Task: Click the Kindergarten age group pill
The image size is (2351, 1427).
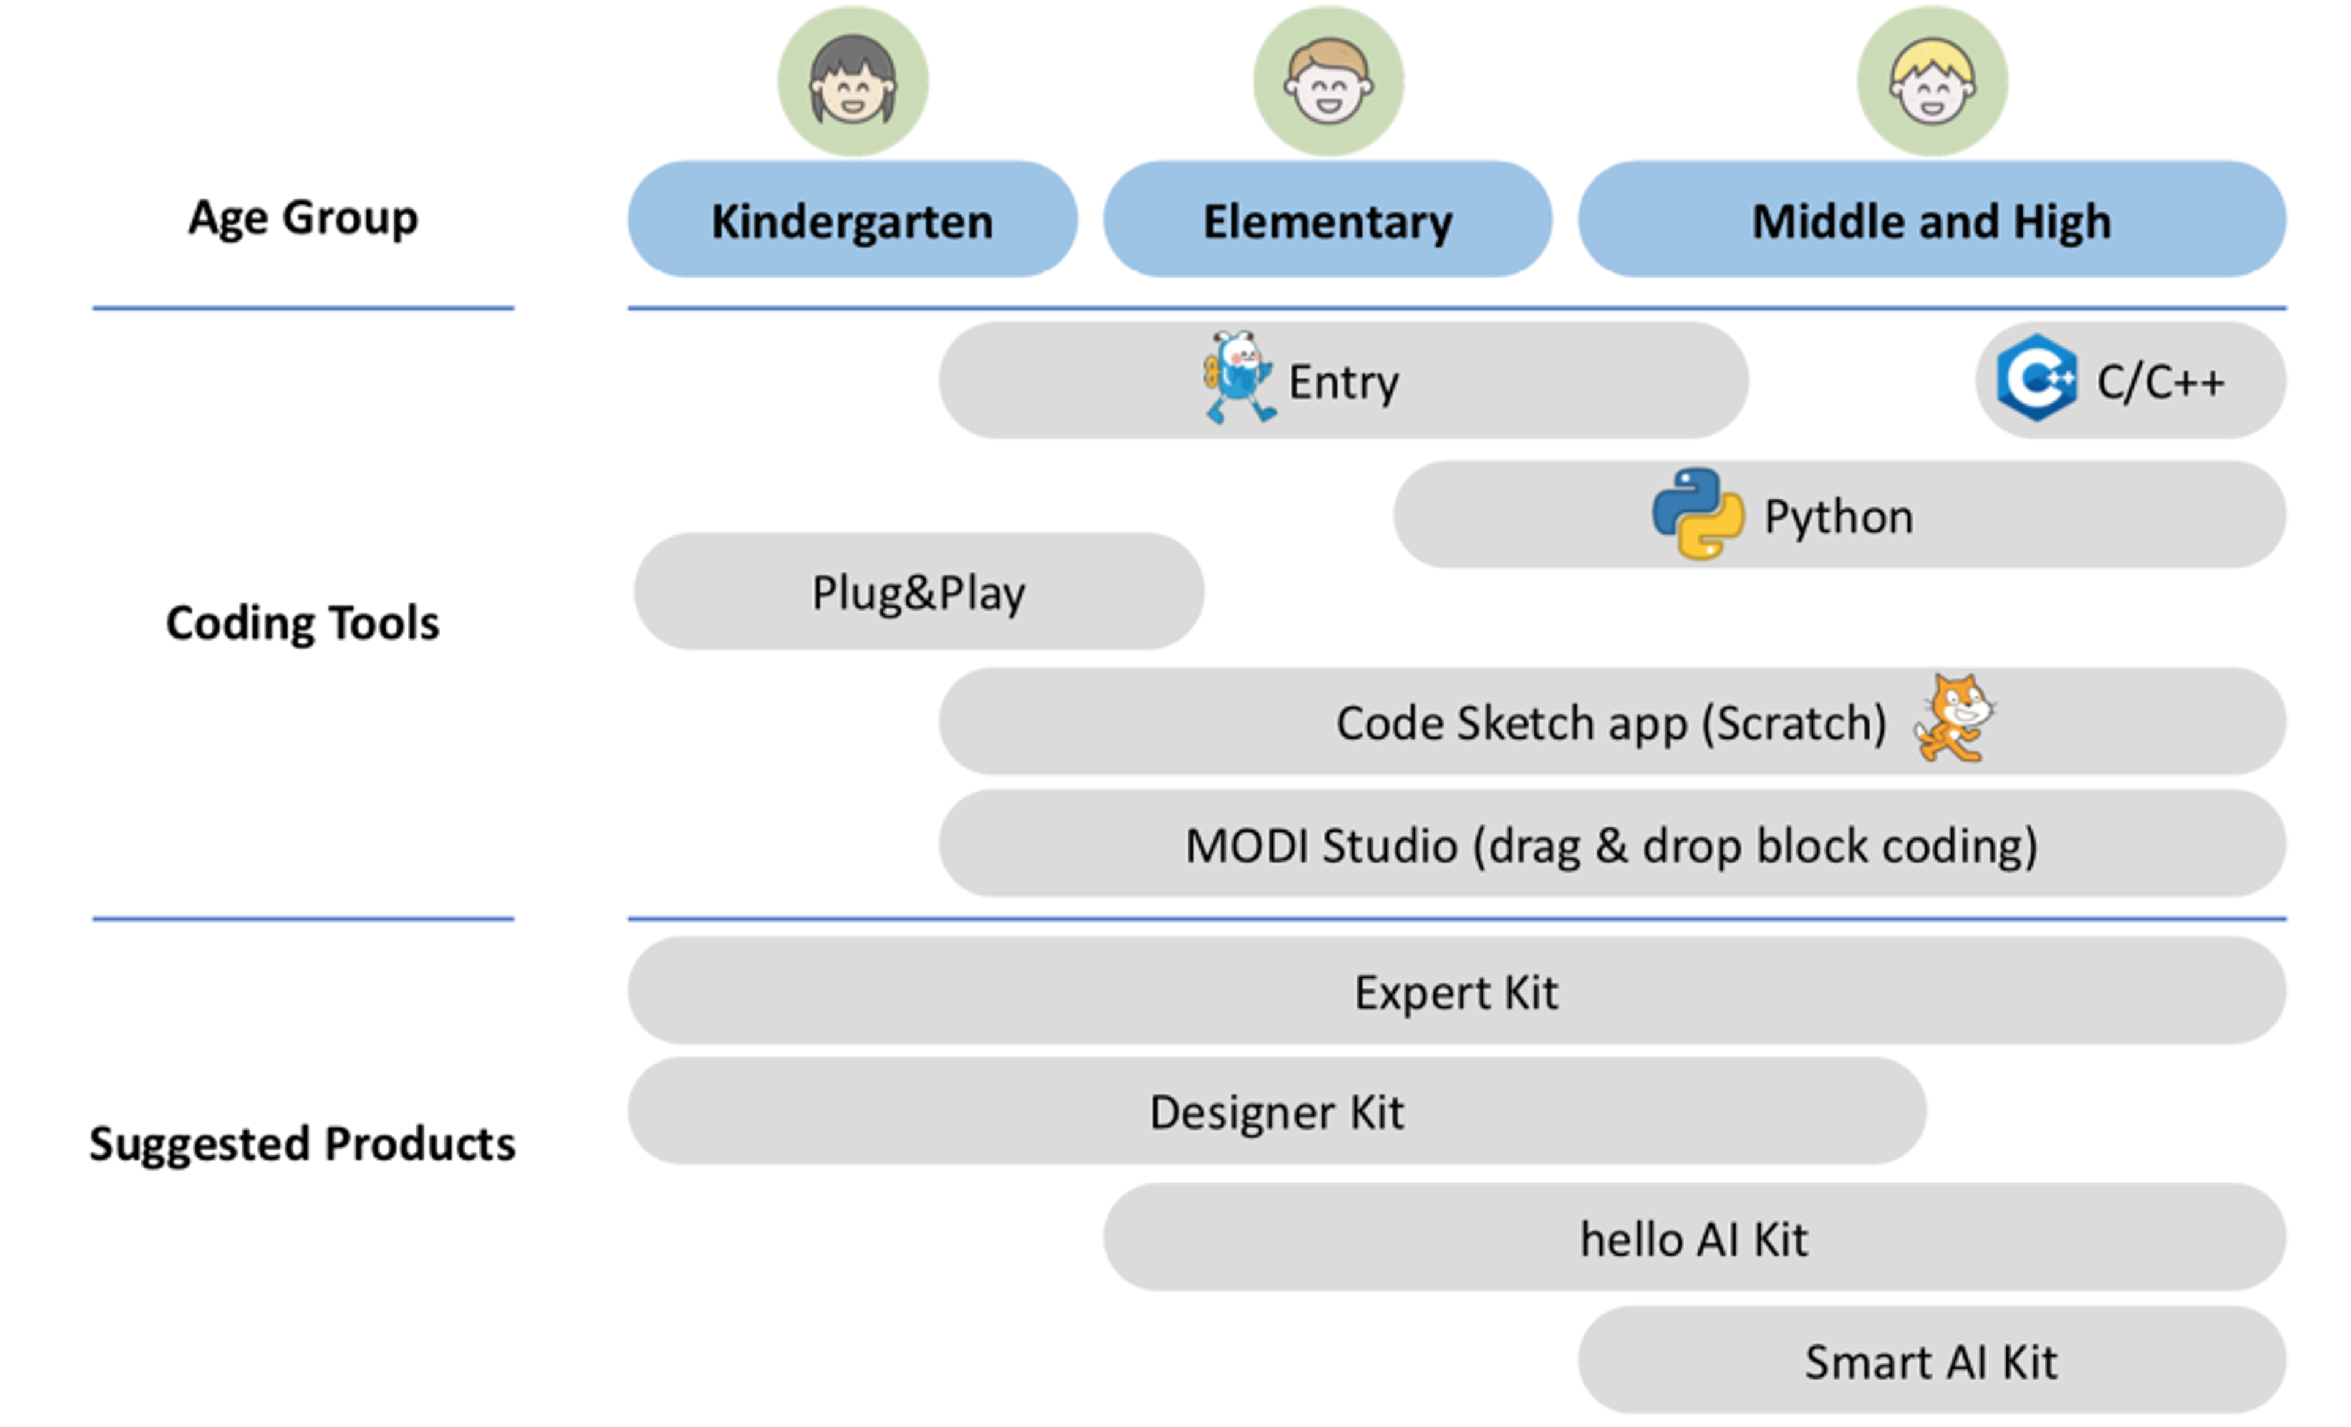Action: click(x=852, y=220)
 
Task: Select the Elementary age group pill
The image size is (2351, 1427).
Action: click(x=1327, y=220)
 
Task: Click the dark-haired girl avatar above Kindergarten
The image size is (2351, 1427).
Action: click(x=853, y=81)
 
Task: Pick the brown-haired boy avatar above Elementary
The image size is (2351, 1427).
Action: click(x=1328, y=81)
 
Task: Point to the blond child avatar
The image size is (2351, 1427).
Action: click(x=1932, y=81)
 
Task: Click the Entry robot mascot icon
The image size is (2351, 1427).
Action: click(x=1237, y=378)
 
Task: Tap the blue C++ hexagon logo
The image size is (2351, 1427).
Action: click(x=2036, y=378)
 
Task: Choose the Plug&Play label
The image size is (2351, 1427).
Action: click(x=918, y=592)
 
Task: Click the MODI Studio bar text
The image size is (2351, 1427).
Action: click(x=1611, y=845)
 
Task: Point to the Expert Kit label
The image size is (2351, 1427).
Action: click(x=1456, y=992)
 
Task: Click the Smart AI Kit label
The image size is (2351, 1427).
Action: click(x=1931, y=1361)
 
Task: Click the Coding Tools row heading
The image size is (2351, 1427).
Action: click(x=302, y=623)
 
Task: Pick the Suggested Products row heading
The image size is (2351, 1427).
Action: click(x=302, y=1142)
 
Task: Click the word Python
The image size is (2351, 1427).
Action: click(x=1839, y=516)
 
